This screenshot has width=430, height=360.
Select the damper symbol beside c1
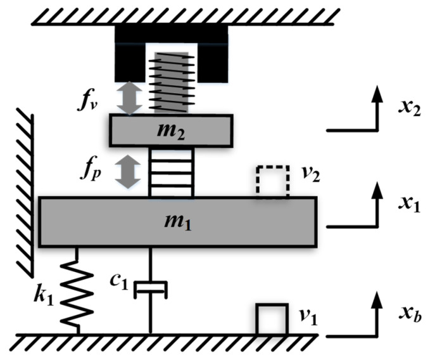[x=151, y=289]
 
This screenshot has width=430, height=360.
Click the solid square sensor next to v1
[x=270, y=319]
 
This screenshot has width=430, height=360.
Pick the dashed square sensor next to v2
[x=272, y=183]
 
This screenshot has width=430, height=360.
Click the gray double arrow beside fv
[x=130, y=99]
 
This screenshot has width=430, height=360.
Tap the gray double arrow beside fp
[x=130, y=172]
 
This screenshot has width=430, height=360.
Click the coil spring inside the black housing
[x=169, y=81]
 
